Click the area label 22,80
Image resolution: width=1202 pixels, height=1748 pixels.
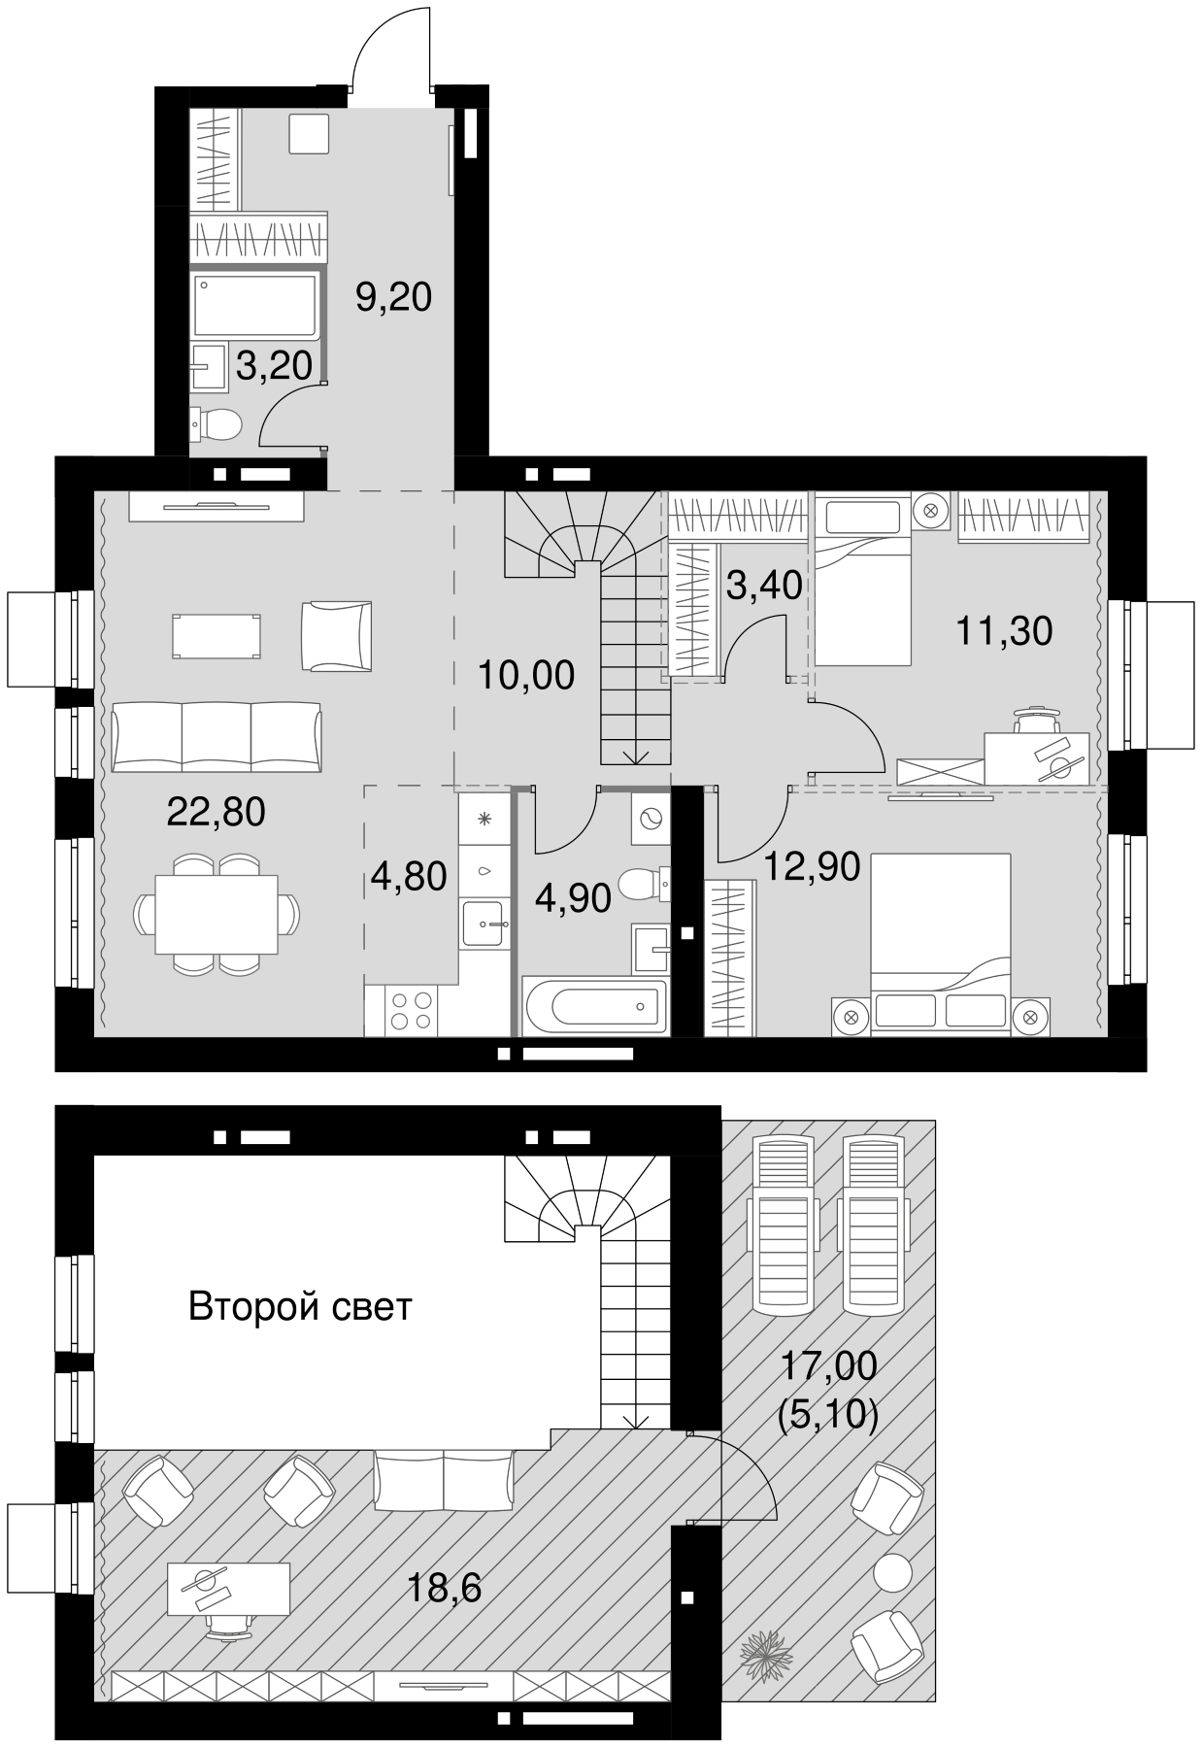tap(216, 812)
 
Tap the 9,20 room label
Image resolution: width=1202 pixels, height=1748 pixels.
tap(392, 297)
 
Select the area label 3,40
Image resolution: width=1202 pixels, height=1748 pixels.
tap(764, 586)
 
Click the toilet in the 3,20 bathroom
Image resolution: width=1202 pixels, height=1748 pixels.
tap(217, 423)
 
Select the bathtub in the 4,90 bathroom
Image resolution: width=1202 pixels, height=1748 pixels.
tap(594, 1007)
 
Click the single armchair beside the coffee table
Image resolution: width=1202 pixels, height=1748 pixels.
tap(337, 635)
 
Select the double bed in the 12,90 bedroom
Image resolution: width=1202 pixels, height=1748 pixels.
tap(940, 932)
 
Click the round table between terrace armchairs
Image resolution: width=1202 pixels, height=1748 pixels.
tap(891, 1572)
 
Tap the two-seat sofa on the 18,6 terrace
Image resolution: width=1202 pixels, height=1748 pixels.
tap(443, 1480)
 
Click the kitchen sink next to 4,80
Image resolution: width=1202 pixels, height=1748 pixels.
tap(483, 922)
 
